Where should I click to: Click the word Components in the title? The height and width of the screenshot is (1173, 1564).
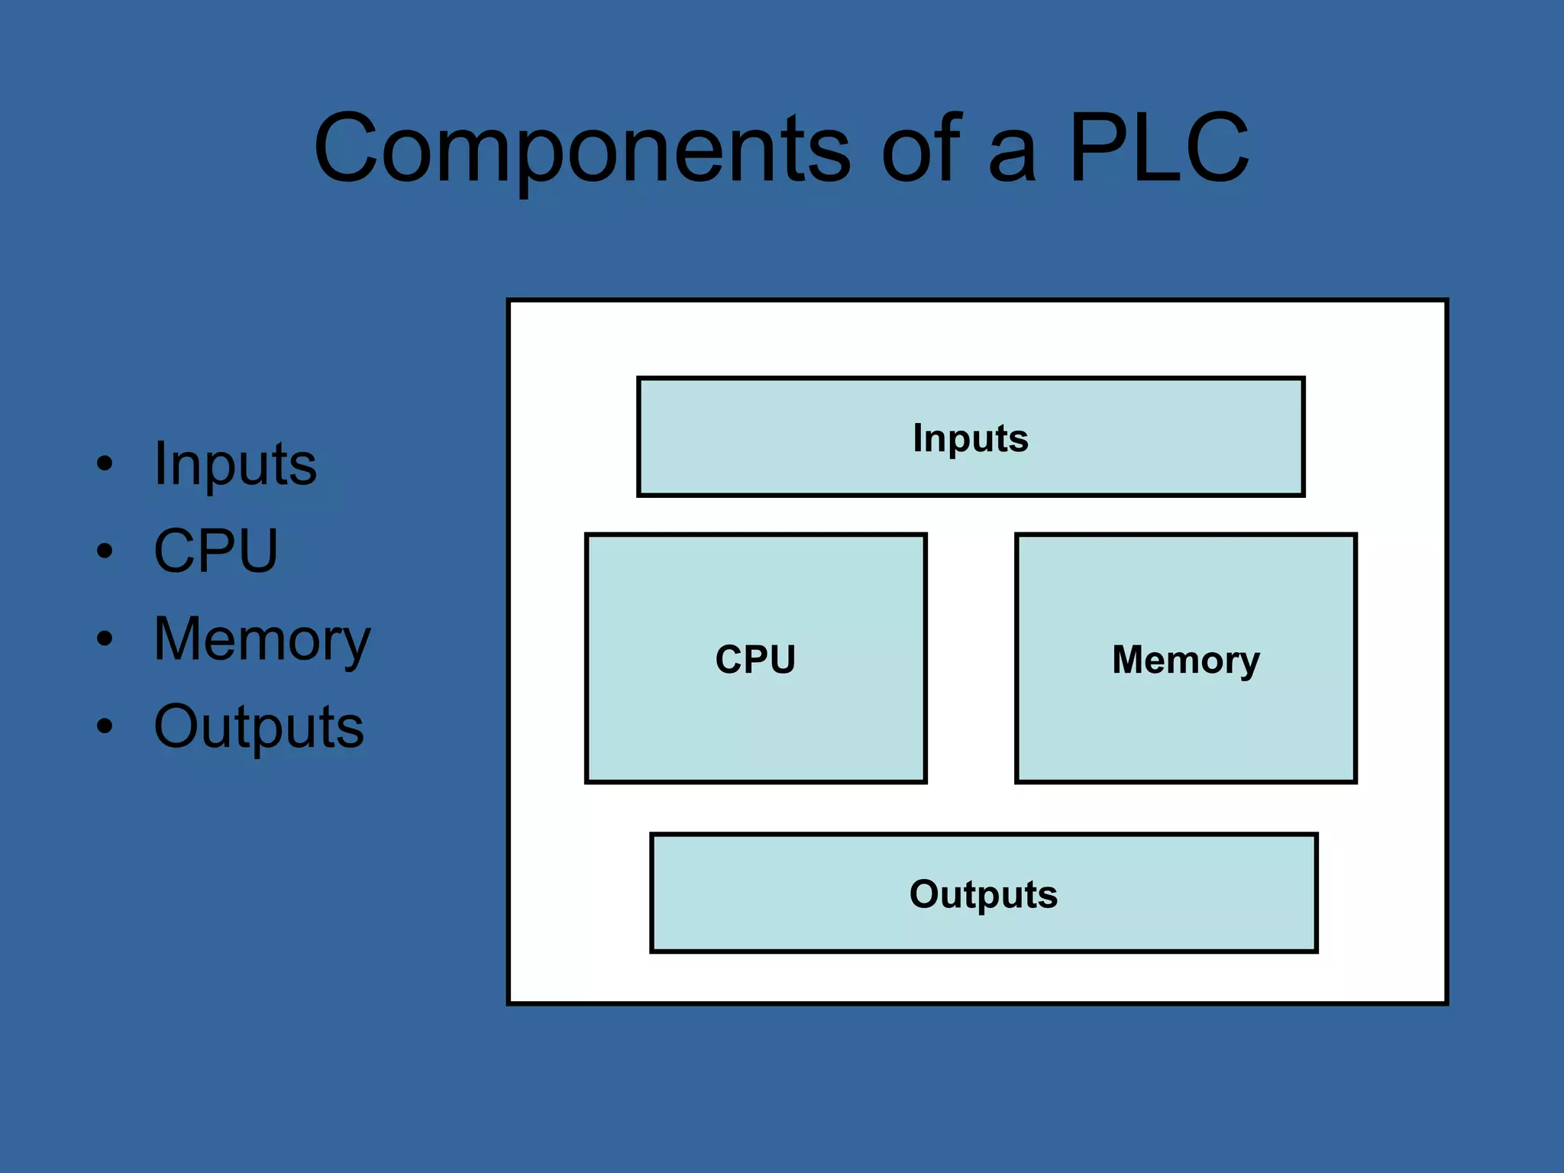[582, 149]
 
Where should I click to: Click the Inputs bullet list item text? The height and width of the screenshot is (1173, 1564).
[235, 464]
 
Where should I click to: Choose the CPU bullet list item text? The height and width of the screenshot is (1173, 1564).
[216, 551]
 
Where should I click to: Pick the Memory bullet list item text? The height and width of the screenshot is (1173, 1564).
[262, 639]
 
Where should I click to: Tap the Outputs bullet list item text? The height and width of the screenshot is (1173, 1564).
[259, 726]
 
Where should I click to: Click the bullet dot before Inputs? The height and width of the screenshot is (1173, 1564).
[105, 464]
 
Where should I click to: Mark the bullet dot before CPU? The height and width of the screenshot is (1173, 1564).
[105, 551]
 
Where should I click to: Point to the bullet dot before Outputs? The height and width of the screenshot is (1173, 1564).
[105, 726]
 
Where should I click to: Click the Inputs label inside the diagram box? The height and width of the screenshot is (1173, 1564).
[971, 438]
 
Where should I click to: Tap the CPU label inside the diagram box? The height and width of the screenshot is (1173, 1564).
[755, 659]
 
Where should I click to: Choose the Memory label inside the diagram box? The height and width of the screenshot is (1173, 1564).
[1185, 659]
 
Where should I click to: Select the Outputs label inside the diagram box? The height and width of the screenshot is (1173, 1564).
[984, 894]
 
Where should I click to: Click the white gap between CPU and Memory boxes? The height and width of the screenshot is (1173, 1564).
[971, 658]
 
